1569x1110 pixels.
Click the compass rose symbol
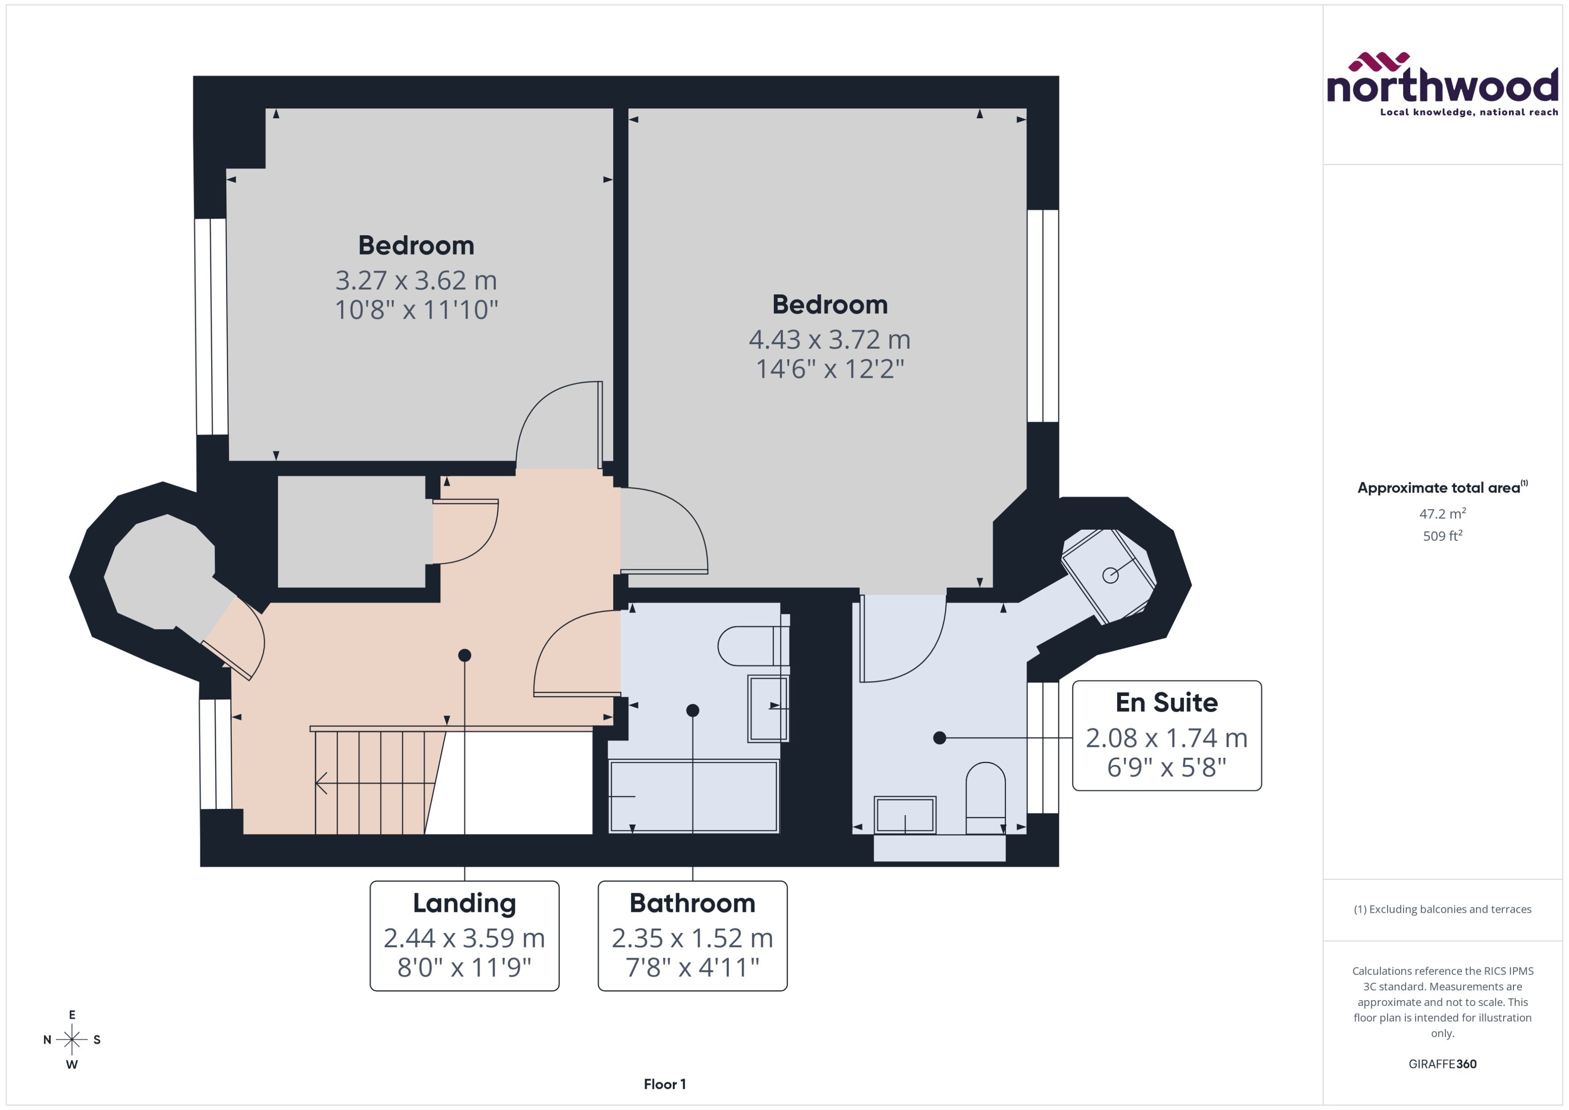pyautogui.click(x=72, y=1040)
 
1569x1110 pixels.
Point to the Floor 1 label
pyautogui.click(x=664, y=1084)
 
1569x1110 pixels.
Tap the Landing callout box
pyautogui.click(x=464, y=936)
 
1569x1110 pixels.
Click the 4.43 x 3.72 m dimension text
pyautogui.click(x=829, y=339)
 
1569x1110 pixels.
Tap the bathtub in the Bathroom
pyautogui.click(x=693, y=796)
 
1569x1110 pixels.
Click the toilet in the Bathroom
pyautogui.click(x=752, y=646)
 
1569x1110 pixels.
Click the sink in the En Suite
pyautogui.click(x=905, y=815)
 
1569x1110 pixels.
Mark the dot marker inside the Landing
pyautogui.click(x=464, y=655)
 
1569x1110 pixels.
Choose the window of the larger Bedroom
pyautogui.click(x=1043, y=316)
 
